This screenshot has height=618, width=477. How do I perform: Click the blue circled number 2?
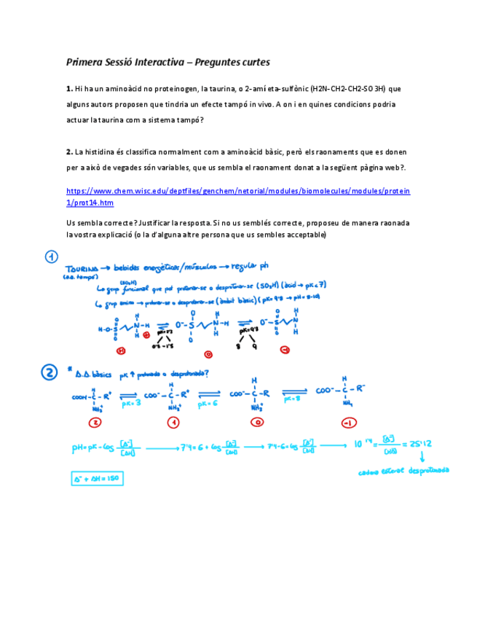click(x=50, y=372)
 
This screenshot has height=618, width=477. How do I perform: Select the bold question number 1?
click(x=68, y=89)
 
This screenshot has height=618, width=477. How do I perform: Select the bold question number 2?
click(x=68, y=152)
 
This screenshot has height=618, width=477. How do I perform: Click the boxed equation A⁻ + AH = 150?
click(x=97, y=478)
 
